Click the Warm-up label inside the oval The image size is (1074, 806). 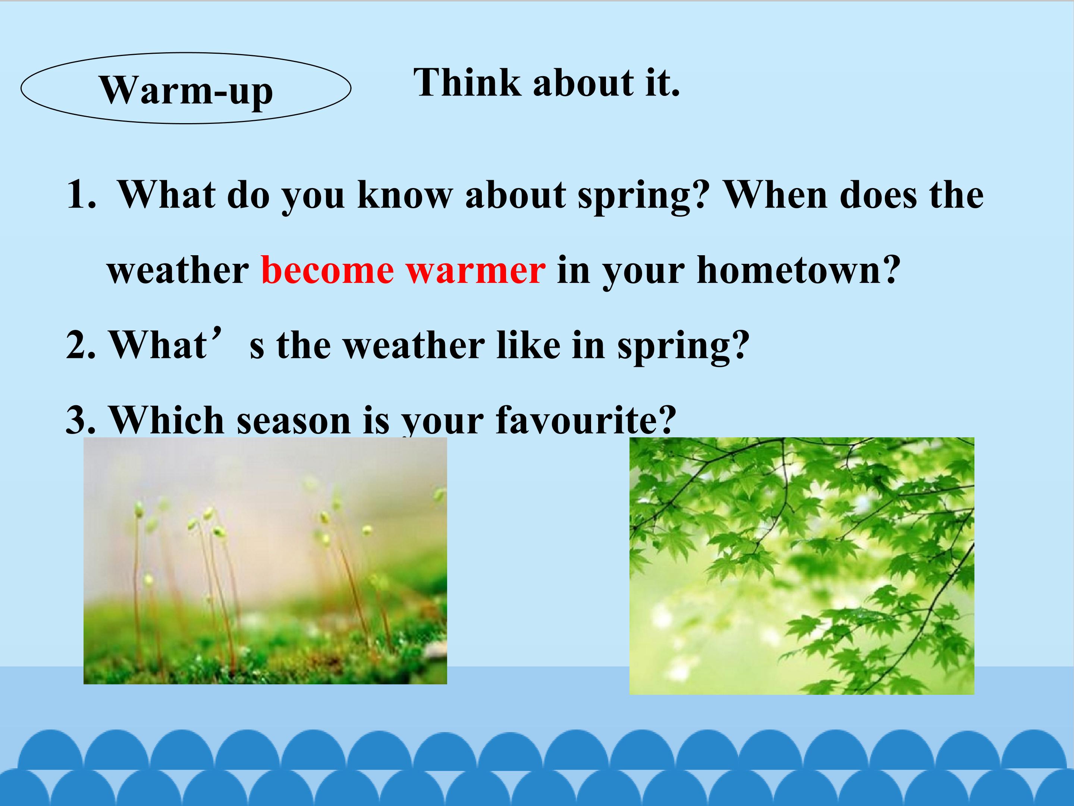tap(186, 91)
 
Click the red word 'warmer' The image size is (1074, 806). tap(476, 271)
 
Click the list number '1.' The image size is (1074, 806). tap(81, 195)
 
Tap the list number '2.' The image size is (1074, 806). tap(81, 344)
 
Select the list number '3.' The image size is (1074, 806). tap(81, 420)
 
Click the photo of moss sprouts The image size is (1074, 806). tap(265, 560)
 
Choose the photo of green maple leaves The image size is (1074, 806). tap(802, 566)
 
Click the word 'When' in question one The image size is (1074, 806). tap(775, 194)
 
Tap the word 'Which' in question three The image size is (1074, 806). tap(167, 420)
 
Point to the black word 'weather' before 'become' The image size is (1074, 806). tap(178, 270)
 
